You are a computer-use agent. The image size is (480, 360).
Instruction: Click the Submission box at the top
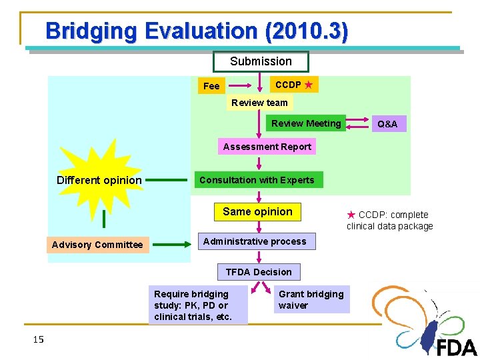261,61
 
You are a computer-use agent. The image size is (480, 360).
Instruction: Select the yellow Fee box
211,86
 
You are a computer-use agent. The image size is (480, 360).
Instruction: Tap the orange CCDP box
293,85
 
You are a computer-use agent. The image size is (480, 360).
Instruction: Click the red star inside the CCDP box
308,85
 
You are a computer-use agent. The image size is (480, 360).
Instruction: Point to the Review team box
259,103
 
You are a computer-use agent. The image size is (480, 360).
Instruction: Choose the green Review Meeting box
306,123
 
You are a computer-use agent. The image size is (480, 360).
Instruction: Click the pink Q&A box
387,124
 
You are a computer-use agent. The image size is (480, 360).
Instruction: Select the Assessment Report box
267,147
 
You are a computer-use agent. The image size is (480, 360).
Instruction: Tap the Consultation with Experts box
257,180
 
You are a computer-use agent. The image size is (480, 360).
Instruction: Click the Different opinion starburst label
99,180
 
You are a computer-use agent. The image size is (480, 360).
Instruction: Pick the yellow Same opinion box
257,212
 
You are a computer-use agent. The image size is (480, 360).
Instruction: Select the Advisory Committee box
97,245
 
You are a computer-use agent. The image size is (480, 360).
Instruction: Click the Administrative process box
255,241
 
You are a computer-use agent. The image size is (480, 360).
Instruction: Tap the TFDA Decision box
259,272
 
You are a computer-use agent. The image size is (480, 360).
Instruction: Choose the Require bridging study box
197,305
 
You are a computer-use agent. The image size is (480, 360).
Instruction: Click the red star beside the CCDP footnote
351,215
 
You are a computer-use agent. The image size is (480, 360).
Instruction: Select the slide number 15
38,340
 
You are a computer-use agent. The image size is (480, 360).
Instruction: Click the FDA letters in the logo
457,347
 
